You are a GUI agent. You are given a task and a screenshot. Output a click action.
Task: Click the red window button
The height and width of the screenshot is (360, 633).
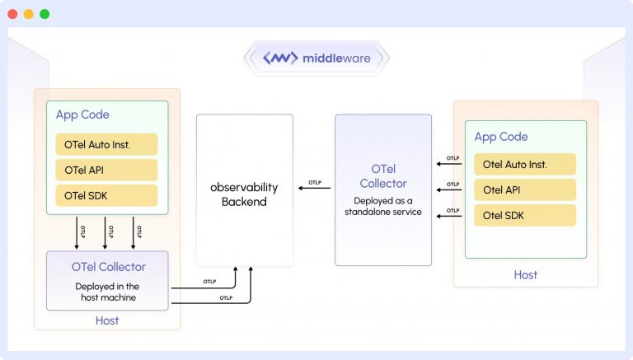[x=12, y=14]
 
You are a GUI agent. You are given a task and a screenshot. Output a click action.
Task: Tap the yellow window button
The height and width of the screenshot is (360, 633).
[x=28, y=14]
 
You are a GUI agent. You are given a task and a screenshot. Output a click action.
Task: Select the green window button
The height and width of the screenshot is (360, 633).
[x=44, y=14]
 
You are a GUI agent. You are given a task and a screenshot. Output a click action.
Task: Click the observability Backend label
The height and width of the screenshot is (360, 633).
[x=244, y=194]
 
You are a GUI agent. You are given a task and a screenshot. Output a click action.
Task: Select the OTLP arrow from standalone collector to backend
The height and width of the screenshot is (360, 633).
[x=314, y=189]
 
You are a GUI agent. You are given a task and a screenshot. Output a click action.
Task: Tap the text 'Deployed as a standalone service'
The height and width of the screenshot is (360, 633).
[x=383, y=206]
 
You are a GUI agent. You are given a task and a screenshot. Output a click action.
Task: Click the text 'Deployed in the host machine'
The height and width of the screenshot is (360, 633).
[x=107, y=292]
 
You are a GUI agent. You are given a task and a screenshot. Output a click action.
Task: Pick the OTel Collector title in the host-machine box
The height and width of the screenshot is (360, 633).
[x=108, y=267]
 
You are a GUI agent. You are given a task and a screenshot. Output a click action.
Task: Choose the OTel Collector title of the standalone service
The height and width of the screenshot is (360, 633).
[x=383, y=175]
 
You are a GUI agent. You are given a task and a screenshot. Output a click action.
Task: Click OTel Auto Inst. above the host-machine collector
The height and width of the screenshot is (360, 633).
[x=106, y=144]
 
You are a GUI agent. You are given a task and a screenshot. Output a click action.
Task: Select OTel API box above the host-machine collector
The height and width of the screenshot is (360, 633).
[x=106, y=170]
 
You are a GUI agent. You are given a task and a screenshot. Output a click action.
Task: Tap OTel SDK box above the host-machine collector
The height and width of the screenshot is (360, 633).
[x=106, y=195]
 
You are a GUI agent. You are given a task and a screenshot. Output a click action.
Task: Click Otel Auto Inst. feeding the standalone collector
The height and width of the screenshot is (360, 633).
[x=524, y=165]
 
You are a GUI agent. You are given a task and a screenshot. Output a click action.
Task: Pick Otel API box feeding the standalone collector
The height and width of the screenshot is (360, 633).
[x=524, y=189]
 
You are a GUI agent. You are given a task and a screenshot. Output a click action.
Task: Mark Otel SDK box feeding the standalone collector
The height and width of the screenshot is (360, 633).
[x=524, y=215]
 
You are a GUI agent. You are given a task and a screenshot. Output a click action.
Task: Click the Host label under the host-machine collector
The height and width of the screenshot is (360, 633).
[x=107, y=320]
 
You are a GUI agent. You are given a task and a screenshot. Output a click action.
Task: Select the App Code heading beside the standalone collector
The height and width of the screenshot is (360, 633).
[x=501, y=137]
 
